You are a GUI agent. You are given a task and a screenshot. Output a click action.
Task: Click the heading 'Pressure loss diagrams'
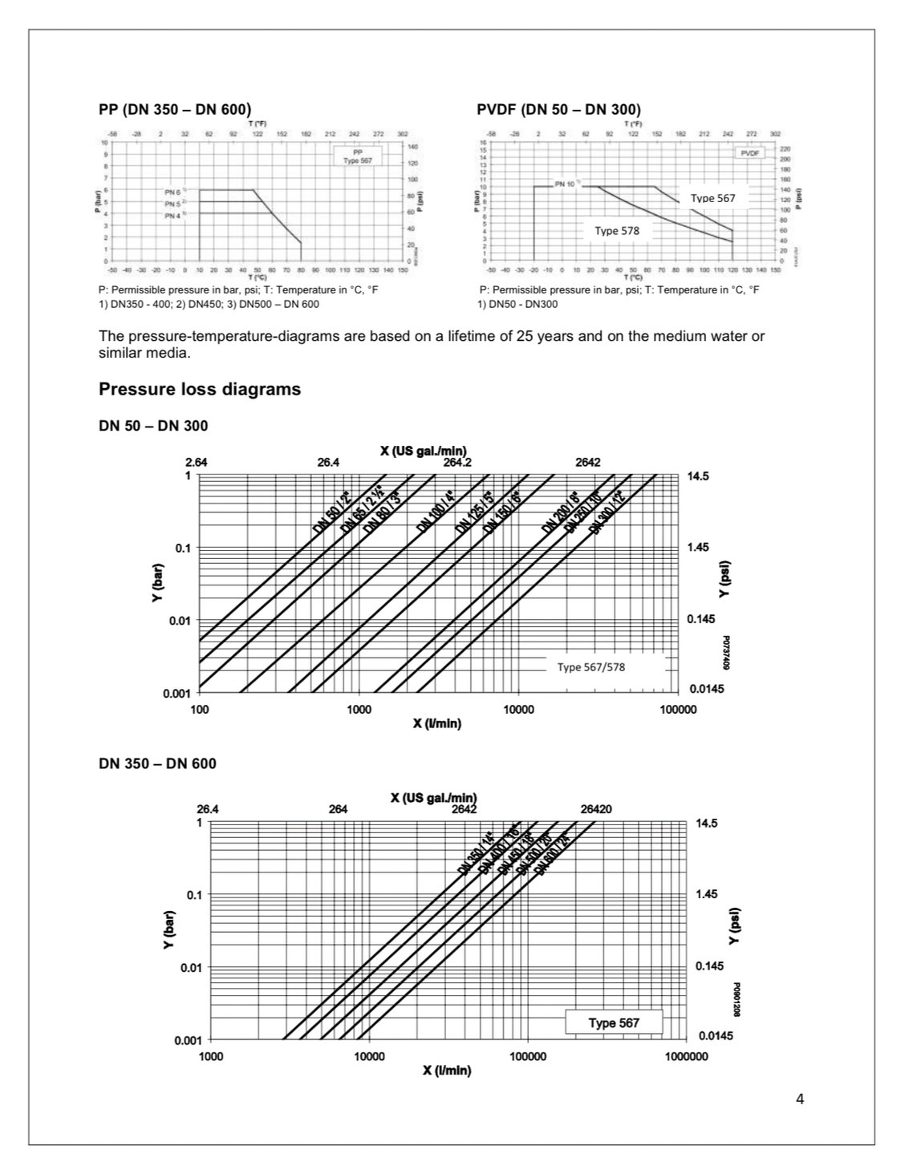[x=200, y=390]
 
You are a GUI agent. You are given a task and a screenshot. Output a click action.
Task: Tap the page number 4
[x=799, y=1099]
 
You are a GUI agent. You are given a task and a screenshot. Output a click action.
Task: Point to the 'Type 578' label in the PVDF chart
[x=617, y=231]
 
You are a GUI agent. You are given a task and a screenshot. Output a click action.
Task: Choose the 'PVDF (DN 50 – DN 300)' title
[x=558, y=110]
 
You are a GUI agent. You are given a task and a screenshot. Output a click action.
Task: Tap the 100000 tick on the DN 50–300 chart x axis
[x=678, y=710]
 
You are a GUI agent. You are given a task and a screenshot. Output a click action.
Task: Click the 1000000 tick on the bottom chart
[x=686, y=1057]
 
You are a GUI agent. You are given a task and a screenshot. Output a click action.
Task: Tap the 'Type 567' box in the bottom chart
[x=614, y=1022]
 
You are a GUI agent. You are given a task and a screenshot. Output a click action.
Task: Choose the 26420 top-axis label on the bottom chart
[x=595, y=809]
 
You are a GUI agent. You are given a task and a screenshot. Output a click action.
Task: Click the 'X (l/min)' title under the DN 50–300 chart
[x=437, y=723]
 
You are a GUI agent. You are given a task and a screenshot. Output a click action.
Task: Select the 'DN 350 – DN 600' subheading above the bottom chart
[x=157, y=763]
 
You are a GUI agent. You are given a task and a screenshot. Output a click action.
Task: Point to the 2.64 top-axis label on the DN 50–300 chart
[x=197, y=463]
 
